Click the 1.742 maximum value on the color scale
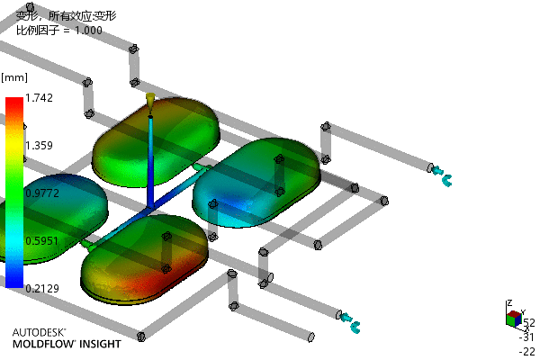[x=40, y=98]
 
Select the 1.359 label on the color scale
[x=40, y=146]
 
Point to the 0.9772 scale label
[x=42, y=193]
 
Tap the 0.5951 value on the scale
[x=42, y=241]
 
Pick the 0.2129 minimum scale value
[x=42, y=288]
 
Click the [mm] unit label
[x=14, y=77]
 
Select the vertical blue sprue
[x=150, y=162]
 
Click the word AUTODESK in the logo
[x=39, y=332]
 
